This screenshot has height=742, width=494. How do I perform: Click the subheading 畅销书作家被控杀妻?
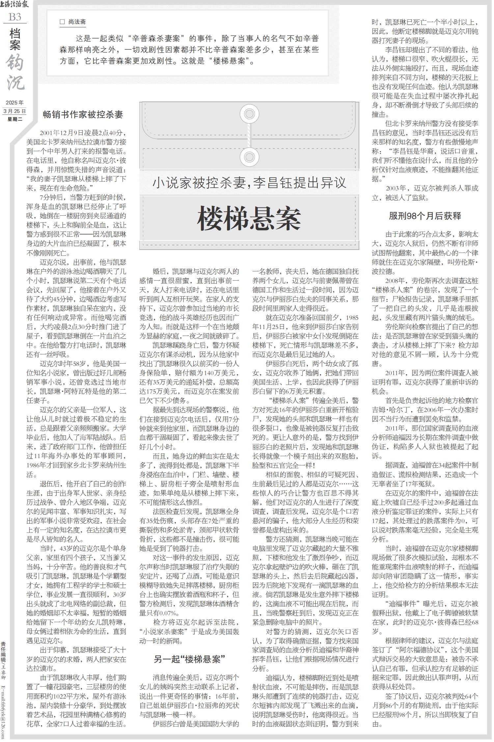coord(83,115)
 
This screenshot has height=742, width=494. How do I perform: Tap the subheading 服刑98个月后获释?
coord(425,216)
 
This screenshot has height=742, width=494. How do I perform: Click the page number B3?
coord(15,17)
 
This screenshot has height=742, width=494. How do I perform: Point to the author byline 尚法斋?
coord(77,22)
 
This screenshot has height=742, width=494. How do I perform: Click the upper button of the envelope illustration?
coord(249,114)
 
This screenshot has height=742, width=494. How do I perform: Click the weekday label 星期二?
coord(15,119)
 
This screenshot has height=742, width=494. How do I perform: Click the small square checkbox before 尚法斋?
coord(62,22)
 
